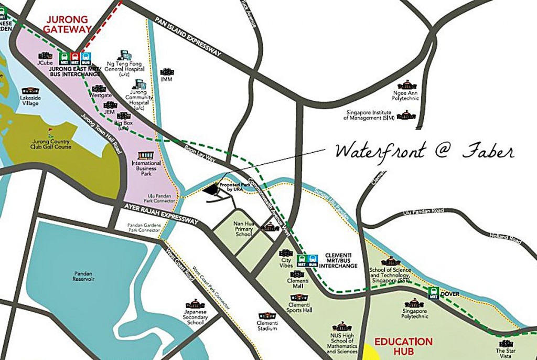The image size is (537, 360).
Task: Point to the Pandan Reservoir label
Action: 83,276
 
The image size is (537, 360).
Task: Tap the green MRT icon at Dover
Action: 433,293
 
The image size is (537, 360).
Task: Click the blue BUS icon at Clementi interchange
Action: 313,259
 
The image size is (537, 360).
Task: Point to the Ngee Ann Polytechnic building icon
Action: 406,84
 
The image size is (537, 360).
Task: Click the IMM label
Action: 167,79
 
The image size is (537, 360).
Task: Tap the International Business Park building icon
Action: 146,156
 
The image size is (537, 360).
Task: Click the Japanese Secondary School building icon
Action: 195,304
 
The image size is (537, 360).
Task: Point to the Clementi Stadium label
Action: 267,326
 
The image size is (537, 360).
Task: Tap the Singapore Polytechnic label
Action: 415,314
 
